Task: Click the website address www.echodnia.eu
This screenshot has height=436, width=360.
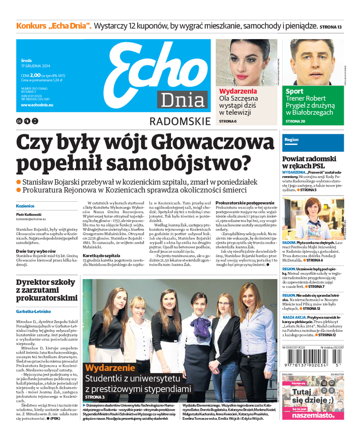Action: [37, 104]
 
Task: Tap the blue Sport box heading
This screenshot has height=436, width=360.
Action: [295, 91]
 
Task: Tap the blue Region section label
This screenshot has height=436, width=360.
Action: [292, 140]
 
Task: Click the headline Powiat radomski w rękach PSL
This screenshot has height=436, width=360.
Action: [309, 163]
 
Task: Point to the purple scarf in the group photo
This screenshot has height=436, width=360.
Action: [198, 325]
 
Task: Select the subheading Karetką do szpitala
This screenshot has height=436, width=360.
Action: [101, 255]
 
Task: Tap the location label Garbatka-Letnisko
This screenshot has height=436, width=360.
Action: [33, 311]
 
